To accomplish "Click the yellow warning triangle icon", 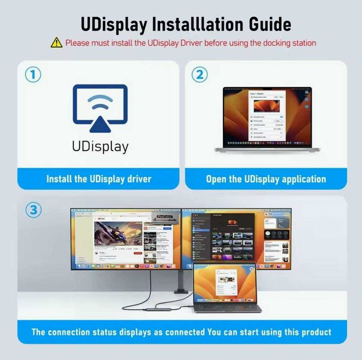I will click(56, 43).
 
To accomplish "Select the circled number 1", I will click(33, 75).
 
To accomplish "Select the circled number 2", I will click(199, 75).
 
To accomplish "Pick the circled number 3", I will click(33, 210).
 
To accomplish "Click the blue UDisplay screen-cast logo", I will click(100, 109).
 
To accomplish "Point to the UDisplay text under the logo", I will click(100, 147).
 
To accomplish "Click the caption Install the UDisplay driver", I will click(99, 179).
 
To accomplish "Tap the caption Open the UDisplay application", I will click(266, 179).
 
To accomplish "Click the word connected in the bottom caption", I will click(178, 332).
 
